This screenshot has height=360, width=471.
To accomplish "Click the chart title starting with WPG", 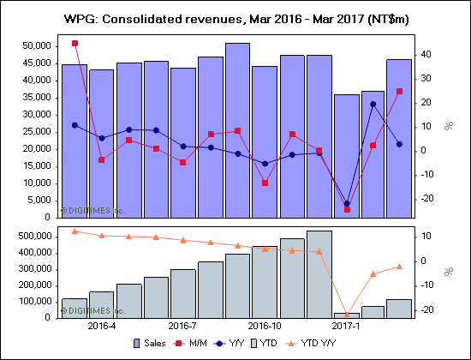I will tap(236, 17).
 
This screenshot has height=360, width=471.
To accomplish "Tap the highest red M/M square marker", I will tap(75, 43).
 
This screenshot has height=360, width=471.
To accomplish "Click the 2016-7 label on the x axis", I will tap(183, 327).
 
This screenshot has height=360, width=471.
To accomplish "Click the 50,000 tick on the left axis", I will tap(37, 45).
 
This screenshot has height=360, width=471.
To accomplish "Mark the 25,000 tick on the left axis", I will tap(37, 131).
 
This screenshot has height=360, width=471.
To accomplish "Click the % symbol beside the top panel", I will tap(447, 127).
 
